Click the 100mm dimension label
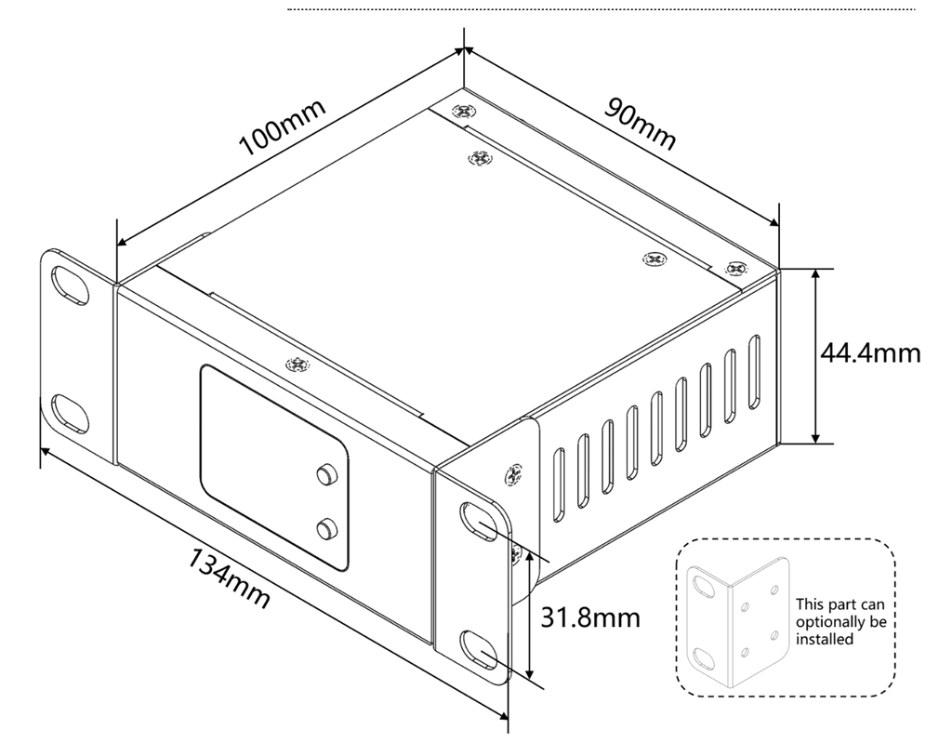tap(283, 126)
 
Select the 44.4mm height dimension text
tap(870, 353)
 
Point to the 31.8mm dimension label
tap(590, 616)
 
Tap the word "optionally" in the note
tap(833, 621)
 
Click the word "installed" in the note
tap(825, 639)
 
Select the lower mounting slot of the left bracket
tap(68, 409)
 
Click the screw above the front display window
tap(297, 365)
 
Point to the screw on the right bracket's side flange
tap(510, 473)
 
